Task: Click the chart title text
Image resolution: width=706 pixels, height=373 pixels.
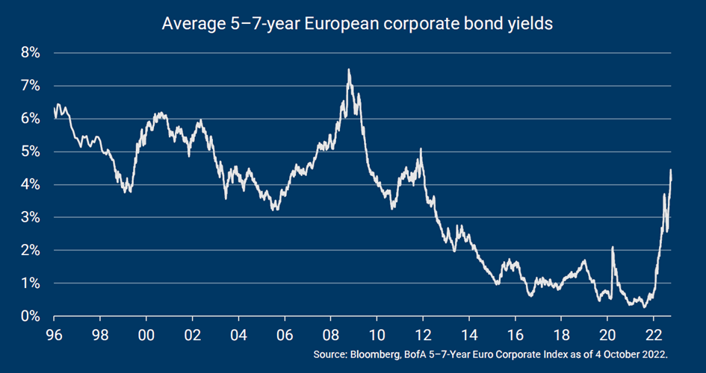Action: (x=357, y=24)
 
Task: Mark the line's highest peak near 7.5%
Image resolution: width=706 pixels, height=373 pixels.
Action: (x=349, y=70)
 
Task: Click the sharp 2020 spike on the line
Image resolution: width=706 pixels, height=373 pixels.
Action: (x=613, y=247)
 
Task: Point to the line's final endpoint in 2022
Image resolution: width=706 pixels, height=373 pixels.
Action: (x=671, y=171)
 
